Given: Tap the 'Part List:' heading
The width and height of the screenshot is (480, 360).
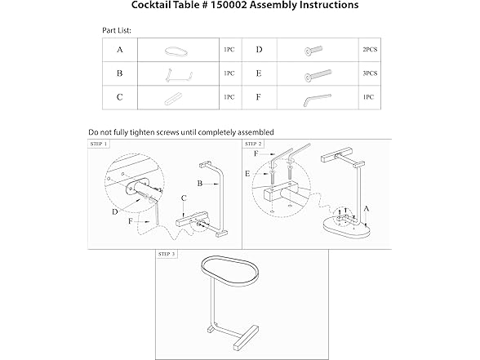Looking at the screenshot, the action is (117, 30).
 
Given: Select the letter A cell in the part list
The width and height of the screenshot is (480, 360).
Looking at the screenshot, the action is (120, 50).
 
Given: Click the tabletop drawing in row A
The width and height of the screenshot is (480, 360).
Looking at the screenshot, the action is (176, 51).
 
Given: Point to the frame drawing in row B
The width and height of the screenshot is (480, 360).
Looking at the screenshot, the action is (179, 75).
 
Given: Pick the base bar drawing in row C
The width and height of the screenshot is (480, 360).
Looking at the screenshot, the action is (173, 99).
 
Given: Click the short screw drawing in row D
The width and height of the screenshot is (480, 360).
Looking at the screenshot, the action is (313, 51).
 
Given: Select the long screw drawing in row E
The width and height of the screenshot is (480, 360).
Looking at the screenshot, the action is (318, 75).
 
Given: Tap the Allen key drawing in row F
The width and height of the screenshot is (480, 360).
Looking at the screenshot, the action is (317, 100).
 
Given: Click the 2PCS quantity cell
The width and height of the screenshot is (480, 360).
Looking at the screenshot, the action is (370, 50).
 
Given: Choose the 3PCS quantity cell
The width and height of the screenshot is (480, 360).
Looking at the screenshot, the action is (370, 73).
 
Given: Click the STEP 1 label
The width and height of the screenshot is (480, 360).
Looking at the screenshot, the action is (99, 144).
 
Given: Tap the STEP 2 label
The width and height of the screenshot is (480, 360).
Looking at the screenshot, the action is (253, 144).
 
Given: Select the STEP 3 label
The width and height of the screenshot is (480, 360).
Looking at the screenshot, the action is (167, 254).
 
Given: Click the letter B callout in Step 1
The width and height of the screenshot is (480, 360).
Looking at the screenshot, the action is (200, 184).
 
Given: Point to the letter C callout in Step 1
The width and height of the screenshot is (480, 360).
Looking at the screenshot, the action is (184, 198).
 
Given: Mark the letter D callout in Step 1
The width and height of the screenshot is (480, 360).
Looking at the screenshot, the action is (115, 212).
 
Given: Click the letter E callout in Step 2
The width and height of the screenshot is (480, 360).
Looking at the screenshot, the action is (247, 174).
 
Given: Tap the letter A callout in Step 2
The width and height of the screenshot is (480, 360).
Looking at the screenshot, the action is (367, 209).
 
